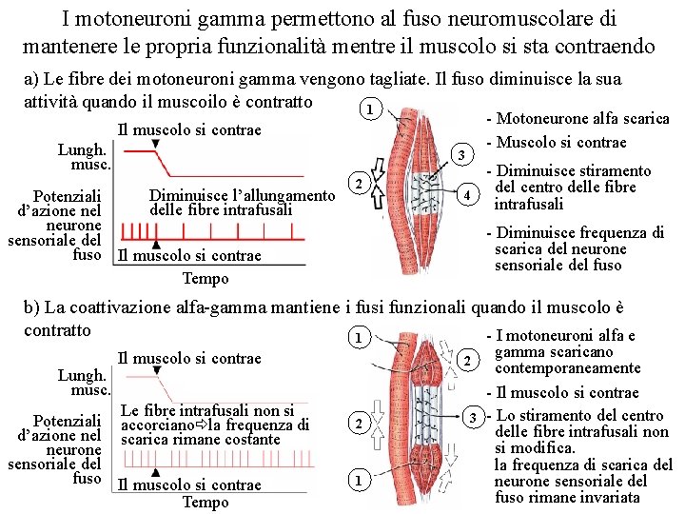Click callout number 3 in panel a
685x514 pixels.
460,155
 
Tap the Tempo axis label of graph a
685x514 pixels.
205,279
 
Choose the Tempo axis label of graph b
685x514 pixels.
205,503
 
